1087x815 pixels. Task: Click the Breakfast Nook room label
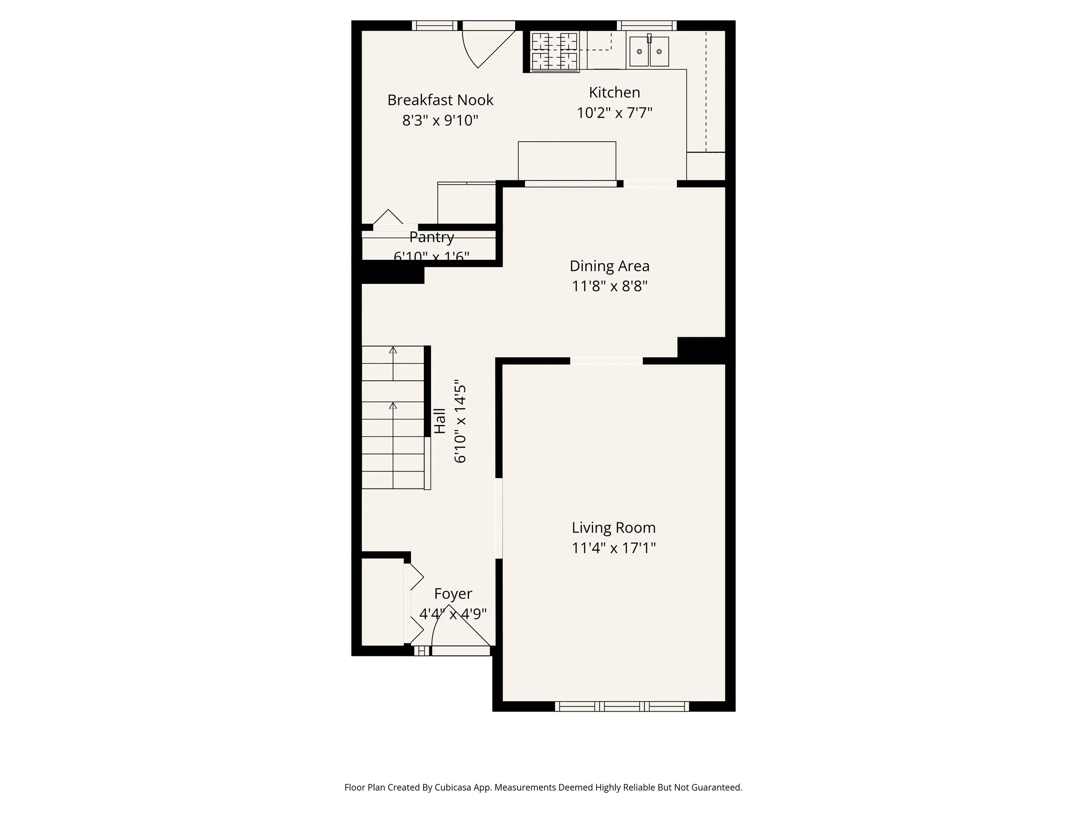440,100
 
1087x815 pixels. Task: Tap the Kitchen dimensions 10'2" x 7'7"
614,113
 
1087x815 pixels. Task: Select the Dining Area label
609,266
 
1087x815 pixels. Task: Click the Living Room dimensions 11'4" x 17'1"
613,548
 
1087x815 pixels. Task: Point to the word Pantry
431,237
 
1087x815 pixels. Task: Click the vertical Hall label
440,421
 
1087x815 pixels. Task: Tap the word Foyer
453,593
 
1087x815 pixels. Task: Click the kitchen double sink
649,51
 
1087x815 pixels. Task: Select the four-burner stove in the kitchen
554,51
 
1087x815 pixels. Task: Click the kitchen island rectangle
567,161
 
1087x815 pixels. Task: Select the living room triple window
622,706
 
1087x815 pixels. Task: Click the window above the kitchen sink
646,26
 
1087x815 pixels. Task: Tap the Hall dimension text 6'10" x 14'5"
460,421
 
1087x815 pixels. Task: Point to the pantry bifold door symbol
388,217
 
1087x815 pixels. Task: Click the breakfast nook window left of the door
434,26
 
